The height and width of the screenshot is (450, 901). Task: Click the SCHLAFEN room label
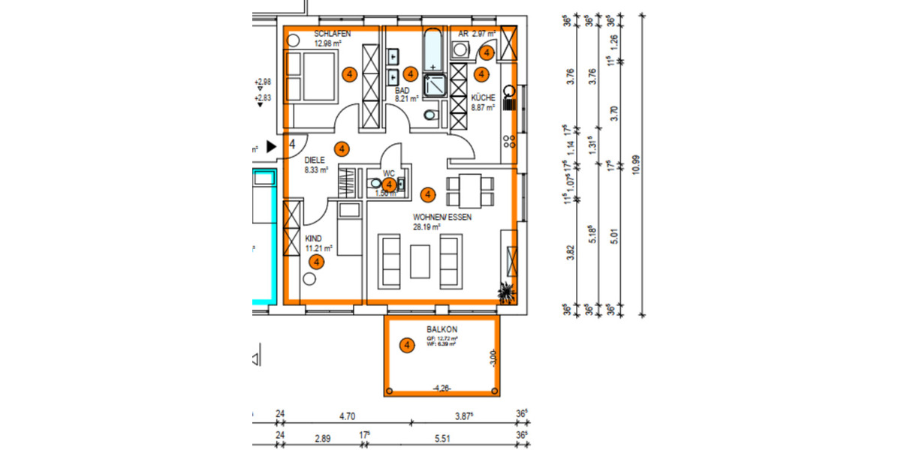tap(333, 34)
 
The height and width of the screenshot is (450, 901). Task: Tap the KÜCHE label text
tap(483, 97)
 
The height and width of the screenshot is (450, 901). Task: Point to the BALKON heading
tap(442, 329)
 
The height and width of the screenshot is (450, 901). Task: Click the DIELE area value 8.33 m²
tap(316, 170)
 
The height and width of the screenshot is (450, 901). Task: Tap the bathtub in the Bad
tap(434, 49)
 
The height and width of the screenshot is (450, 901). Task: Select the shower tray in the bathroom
tap(435, 86)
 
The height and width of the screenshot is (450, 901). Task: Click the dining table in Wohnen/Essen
tap(470, 190)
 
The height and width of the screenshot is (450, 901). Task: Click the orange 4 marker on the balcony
tap(407, 346)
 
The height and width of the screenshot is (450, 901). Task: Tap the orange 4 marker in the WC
tap(389, 184)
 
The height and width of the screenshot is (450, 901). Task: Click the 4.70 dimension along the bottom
tap(346, 414)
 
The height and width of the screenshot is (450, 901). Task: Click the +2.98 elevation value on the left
tap(263, 82)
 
